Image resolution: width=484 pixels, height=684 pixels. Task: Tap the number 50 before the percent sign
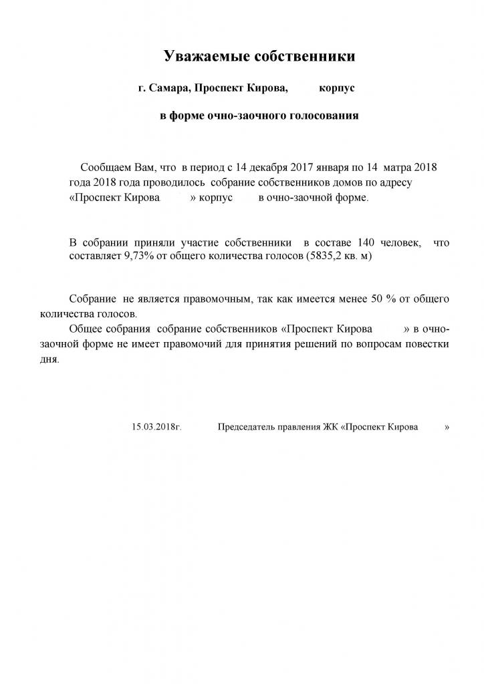tap(376, 298)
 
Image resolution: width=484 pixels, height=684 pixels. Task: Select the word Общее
tap(84, 329)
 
